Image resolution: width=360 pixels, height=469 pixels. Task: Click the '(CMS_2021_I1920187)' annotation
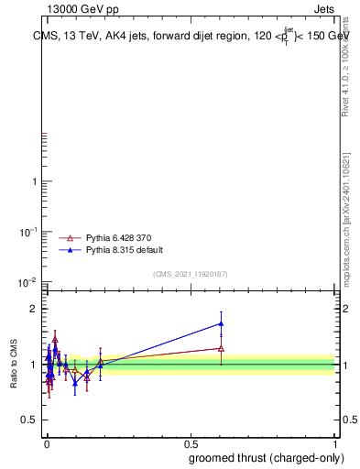[x=191, y=274]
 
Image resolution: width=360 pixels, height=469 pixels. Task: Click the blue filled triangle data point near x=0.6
[x=221, y=323]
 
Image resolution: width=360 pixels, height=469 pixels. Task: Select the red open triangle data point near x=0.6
[x=221, y=348]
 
